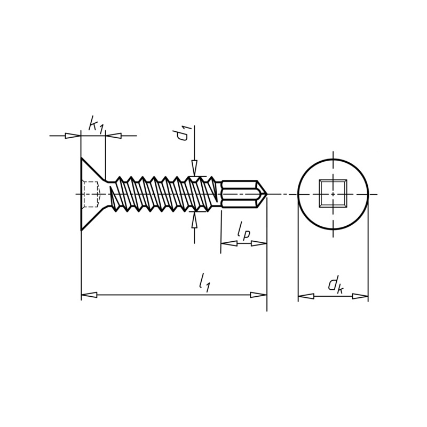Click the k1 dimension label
point(96,126)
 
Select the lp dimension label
point(243,233)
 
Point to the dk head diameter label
point(335,285)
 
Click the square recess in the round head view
point(333,194)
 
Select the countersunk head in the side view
point(92,194)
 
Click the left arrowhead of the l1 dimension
point(89,295)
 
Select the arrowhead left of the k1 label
point(73,136)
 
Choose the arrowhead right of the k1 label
point(113,136)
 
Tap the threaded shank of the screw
point(165,194)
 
